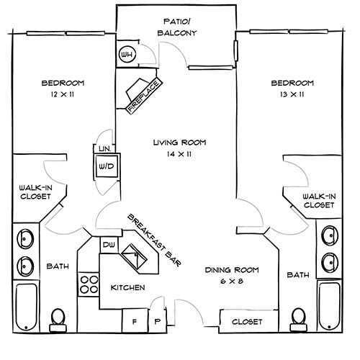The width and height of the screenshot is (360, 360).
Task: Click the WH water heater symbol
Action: (x=128, y=55)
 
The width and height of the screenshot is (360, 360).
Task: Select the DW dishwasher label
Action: (x=109, y=245)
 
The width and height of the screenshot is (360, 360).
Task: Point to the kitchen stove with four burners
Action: (x=89, y=283)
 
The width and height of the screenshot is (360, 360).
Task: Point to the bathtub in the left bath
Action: (x=27, y=306)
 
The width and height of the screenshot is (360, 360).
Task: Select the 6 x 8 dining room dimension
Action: (x=231, y=282)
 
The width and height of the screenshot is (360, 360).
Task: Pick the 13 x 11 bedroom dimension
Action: (x=292, y=94)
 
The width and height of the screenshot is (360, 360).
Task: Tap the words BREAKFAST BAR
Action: (x=155, y=241)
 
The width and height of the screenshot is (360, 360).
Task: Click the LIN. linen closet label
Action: (x=104, y=149)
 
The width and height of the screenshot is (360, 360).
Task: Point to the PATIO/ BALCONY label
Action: (x=177, y=27)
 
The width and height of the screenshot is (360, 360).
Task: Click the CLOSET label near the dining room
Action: (x=246, y=322)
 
